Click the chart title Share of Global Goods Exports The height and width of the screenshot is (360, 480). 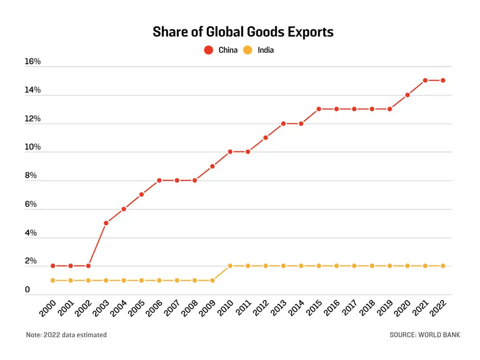pos(243,32)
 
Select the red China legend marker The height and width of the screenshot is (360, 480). pos(209,50)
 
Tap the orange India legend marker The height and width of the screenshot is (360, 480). pos(248,50)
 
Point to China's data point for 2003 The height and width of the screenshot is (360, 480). pos(106,223)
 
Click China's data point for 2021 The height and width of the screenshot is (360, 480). pos(425,80)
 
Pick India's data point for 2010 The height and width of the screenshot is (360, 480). pos(230,266)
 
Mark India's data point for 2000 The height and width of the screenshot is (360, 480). pos(53,280)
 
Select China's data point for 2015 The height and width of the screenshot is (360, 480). pos(319,109)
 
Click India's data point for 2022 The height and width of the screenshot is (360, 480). pos(443,266)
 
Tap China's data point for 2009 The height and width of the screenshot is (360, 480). pos(213,166)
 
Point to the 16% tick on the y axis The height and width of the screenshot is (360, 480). pos(33,62)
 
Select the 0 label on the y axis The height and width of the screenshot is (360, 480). pos(27,290)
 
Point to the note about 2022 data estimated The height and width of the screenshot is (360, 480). pos(66,334)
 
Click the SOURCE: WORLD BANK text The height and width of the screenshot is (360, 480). pos(425,334)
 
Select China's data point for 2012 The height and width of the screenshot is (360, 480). pos(266,138)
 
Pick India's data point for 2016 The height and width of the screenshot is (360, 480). pos(336,266)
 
